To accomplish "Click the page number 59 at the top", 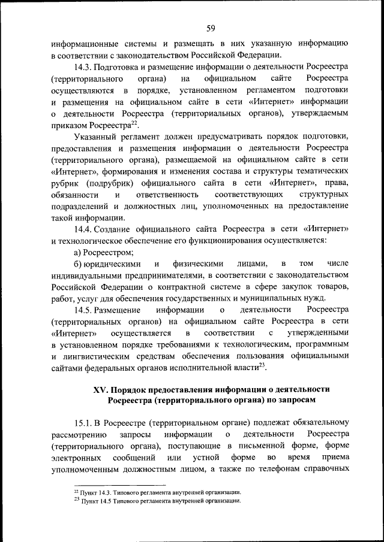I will click(211, 28).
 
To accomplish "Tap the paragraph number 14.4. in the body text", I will click(85, 229).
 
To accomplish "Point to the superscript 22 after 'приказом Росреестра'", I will click(135, 123).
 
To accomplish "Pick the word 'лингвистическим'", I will click(105, 356).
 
